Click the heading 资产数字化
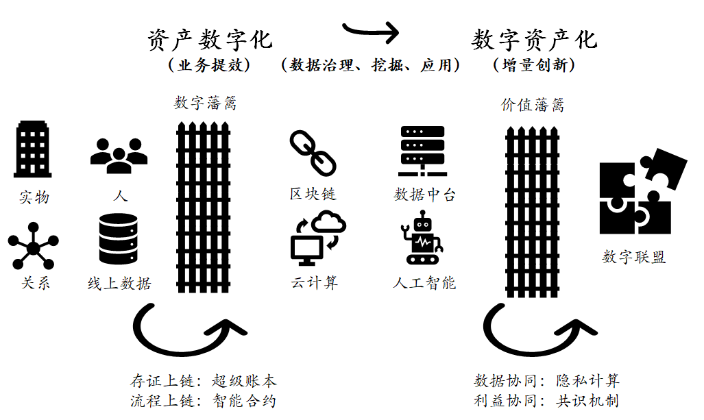[x=210, y=40]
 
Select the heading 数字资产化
[x=534, y=40]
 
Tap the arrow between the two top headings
[x=370, y=29]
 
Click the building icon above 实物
[x=33, y=149]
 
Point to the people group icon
[x=119, y=156]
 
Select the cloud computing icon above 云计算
[x=318, y=238]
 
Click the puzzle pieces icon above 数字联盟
[x=642, y=193]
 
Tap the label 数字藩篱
[x=205, y=103]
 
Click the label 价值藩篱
[x=533, y=106]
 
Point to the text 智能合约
[x=244, y=401]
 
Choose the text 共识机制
[x=587, y=401]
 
